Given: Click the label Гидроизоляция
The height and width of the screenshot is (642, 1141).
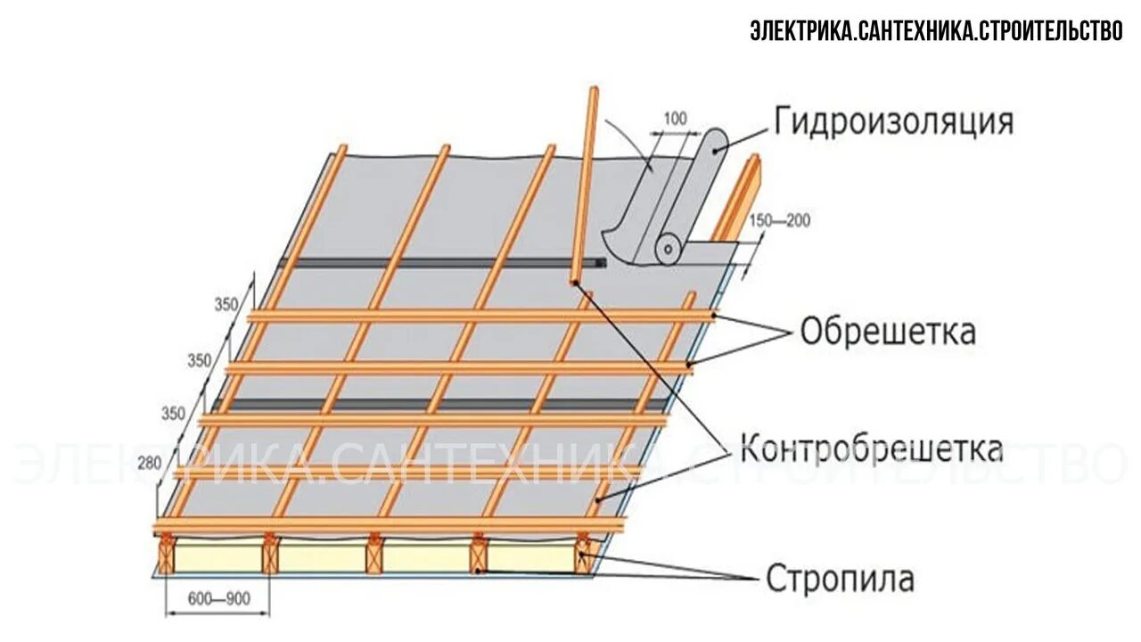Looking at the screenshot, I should tap(893, 122).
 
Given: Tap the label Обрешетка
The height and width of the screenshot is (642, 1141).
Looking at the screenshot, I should tap(887, 332).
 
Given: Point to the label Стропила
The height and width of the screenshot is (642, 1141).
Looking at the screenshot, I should tap(840, 579).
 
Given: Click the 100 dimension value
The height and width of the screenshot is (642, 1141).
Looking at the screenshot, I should tap(677, 118).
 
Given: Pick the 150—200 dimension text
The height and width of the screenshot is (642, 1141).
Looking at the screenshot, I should tap(780, 220).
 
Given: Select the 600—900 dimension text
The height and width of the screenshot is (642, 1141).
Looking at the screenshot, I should tap(218, 599).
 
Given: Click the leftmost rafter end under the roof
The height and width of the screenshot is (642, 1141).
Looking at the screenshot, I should tap(166, 556).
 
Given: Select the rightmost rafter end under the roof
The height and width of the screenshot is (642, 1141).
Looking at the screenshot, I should tap(584, 555).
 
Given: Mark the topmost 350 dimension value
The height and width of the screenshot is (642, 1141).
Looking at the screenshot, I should tap(226, 305).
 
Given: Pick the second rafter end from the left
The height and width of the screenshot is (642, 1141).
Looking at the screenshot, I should tap(270, 556).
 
